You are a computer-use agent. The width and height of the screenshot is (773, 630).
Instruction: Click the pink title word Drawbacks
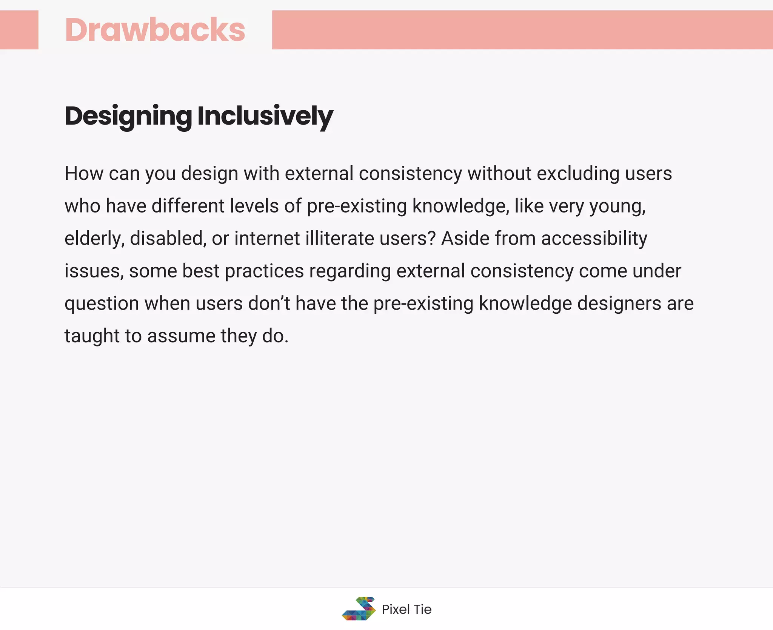coord(155,30)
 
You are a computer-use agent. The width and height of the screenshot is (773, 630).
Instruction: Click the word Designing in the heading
coord(128,116)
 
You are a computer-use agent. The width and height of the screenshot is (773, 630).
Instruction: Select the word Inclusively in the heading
coord(265,116)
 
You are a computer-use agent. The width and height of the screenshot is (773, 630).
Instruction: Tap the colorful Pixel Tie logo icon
coord(359,608)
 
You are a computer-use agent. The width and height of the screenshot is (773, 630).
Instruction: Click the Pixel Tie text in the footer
coord(407,609)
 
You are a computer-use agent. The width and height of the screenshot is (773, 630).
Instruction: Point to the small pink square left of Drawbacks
coord(19,30)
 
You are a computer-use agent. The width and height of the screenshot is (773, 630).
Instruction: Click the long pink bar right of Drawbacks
coord(522,30)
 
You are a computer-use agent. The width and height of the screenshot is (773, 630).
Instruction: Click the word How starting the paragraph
coord(84,174)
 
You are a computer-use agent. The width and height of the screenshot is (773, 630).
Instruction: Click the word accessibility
coord(594,239)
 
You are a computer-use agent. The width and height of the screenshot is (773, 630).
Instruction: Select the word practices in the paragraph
coord(264,271)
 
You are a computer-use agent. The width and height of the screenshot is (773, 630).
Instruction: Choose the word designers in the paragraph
coord(619,303)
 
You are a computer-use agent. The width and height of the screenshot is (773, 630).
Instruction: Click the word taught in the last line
coord(92,336)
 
